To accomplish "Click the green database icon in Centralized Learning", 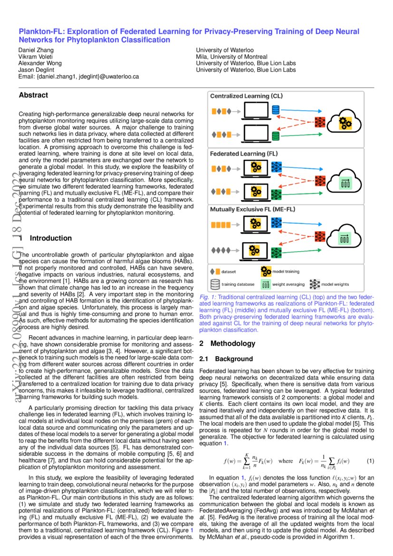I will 275,136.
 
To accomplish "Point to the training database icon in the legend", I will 215,284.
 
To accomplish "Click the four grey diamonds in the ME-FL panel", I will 220,249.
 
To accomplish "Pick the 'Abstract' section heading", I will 33,95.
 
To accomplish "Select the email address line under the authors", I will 78,77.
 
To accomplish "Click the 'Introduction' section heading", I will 50,238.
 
